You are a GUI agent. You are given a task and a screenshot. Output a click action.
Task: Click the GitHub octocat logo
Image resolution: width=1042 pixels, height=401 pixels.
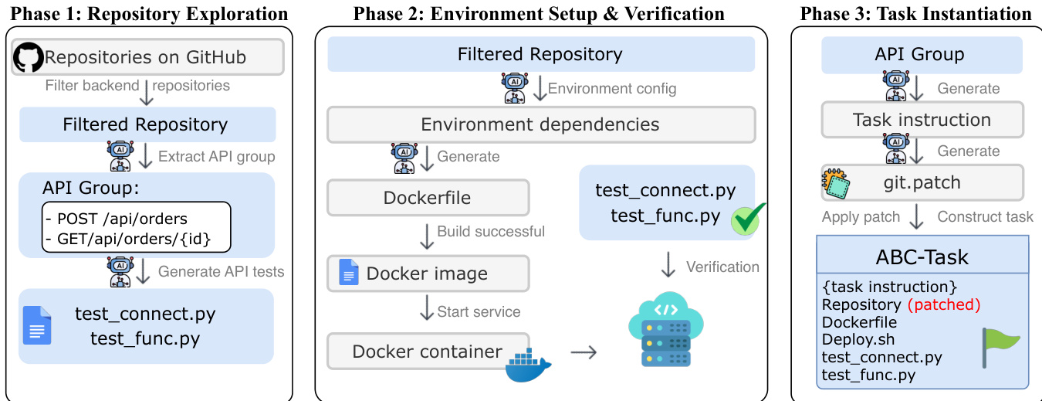29,57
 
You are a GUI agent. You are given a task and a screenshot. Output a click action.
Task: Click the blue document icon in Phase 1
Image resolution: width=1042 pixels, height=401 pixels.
36,325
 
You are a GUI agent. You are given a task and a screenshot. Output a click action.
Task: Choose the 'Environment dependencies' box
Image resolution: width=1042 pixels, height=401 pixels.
540,124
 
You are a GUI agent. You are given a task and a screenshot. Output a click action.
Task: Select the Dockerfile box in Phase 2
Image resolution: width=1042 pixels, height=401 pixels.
428,197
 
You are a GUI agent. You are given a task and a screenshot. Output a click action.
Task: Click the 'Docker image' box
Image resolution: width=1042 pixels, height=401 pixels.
428,274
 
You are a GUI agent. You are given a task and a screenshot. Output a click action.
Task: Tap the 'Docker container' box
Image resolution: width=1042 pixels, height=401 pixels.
428,352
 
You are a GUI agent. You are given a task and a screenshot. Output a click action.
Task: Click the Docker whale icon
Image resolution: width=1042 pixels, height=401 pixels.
529,366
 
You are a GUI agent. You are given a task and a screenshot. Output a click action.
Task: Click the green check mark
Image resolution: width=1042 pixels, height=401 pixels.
746,220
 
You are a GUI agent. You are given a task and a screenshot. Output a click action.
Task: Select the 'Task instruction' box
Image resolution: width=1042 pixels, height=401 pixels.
922,120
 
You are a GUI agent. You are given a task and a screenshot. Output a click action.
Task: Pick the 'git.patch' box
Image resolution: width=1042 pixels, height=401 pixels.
922,183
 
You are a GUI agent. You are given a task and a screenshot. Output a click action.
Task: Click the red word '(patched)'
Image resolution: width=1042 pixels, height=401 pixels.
944,304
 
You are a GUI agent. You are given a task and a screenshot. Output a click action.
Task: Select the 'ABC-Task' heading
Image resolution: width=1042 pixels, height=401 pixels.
922,256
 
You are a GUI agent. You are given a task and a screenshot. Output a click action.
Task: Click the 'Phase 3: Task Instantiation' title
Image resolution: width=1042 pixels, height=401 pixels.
915,14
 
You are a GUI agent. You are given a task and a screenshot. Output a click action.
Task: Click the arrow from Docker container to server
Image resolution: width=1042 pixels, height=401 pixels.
584,352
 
